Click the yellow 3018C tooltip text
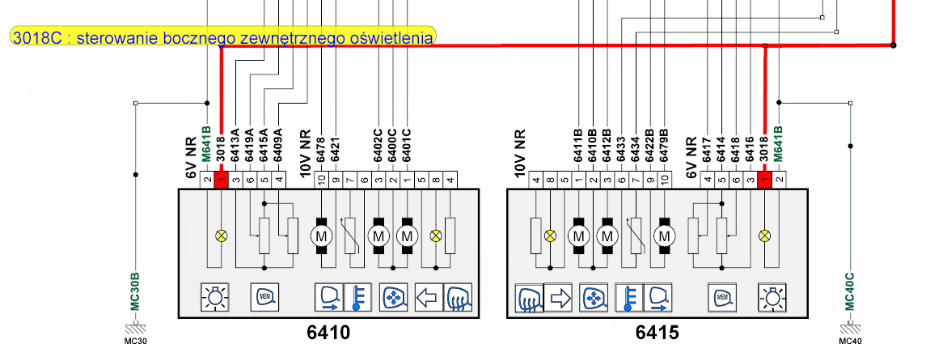point(223,36)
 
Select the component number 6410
point(328,333)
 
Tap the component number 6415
point(657,333)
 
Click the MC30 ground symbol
point(136,329)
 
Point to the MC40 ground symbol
point(850,329)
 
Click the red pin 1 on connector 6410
point(220,180)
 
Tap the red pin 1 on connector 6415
point(764,180)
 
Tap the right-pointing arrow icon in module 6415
point(558,298)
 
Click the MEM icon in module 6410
point(264,298)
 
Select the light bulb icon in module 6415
point(770,298)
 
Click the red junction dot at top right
point(893,46)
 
